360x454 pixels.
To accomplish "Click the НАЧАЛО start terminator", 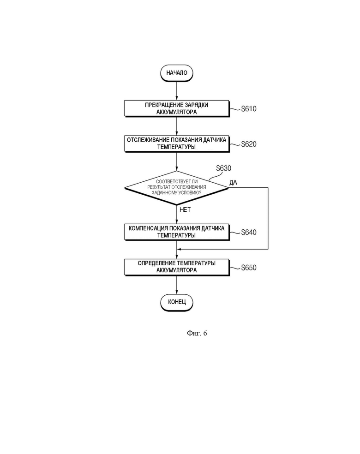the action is click(x=177, y=73).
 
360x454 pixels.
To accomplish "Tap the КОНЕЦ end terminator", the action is click(x=177, y=303).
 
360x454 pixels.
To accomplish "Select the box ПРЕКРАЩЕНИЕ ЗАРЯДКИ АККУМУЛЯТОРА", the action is click(x=177, y=108).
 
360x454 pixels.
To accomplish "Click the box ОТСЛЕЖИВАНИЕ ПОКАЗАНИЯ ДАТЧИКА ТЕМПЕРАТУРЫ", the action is click(x=177, y=143).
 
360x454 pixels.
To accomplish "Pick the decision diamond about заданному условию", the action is click(x=177, y=188).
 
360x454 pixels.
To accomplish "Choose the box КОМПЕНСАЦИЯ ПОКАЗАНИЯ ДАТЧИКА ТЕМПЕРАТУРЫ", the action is click(x=177, y=232).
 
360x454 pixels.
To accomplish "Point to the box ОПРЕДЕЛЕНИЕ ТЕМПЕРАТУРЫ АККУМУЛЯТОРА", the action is click(x=177, y=267).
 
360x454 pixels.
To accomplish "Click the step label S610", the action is click(x=249, y=109).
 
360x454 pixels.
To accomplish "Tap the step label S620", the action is click(x=249, y=144).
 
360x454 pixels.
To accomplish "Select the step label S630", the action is click(x=223, y=168).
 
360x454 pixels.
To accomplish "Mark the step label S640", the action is click(x=249, y=232).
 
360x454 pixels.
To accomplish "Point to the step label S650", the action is click(x=249, y=268).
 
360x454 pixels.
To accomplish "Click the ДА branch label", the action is click(x=233, y=182).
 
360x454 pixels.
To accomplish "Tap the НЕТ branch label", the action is click(x=185, y=209).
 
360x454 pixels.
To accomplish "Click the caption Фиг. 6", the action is click(x=197, y=333).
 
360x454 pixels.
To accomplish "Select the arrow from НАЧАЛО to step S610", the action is click(x=177, y=91).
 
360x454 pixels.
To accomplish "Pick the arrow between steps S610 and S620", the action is click(x=177, y=126).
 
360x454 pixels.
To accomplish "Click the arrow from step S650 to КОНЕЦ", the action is click(x=177, y=285).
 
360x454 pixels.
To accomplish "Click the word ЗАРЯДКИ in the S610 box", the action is click(x=197, y=105).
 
